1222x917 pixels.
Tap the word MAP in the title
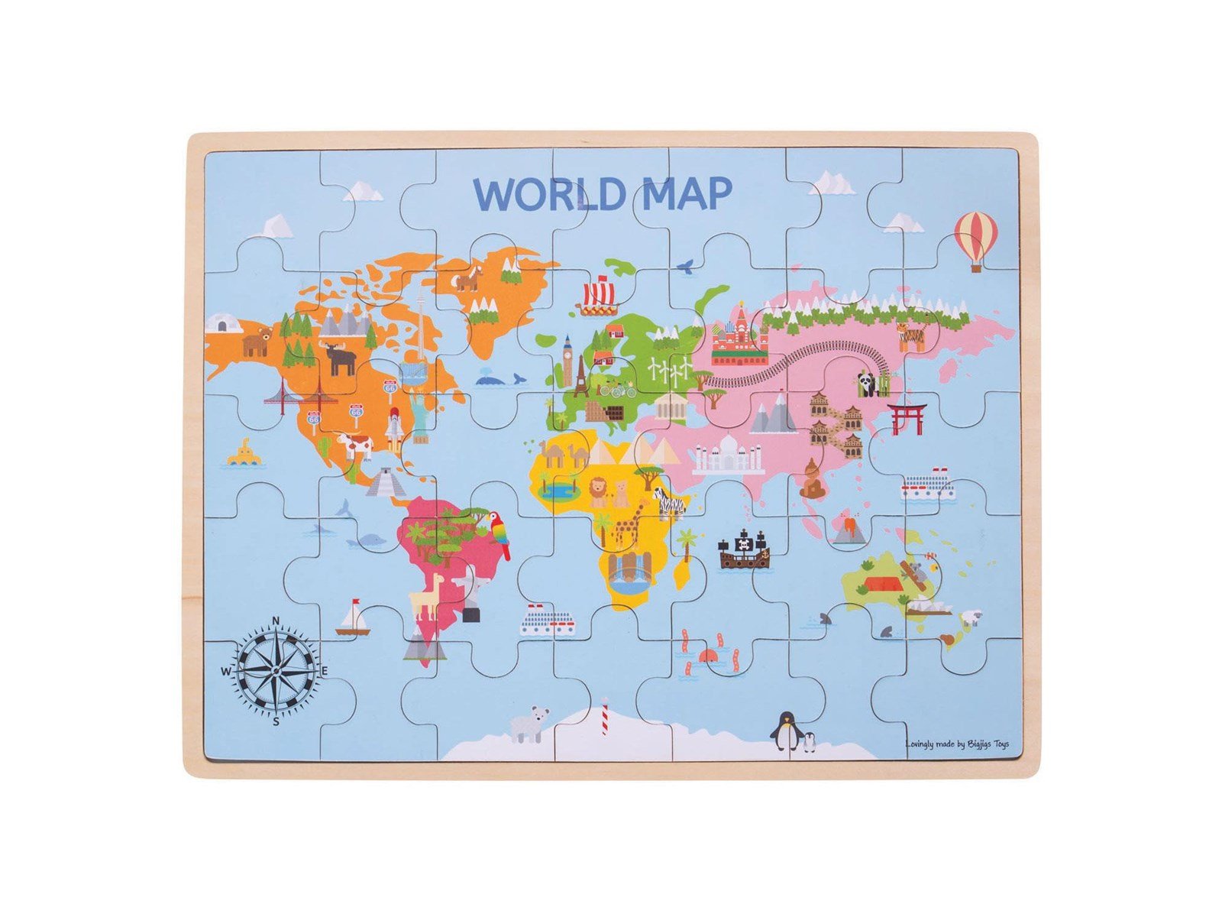pos(687,194)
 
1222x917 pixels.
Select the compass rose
pos(276,671)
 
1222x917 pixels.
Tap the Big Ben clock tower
pos(568,361)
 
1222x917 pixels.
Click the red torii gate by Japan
pos(907,417)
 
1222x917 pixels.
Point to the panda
pos(868,384)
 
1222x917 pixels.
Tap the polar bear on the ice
pos(530,723)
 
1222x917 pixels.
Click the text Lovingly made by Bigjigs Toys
pos(956,744)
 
